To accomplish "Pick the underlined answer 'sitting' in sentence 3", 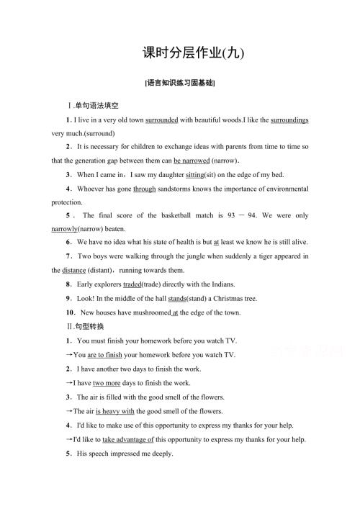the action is [195, 175].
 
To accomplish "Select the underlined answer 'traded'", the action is [138, 284].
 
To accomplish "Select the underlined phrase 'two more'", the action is [108, 382].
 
